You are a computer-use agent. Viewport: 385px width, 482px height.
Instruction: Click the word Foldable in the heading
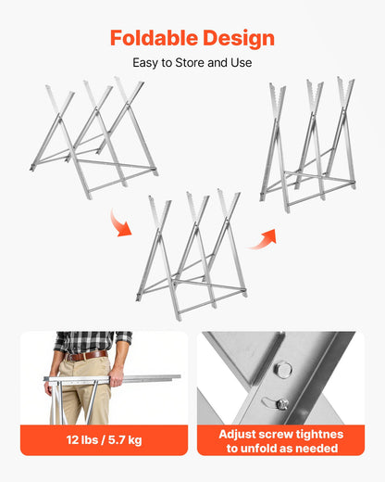pyautogui.click(x=152, y=38)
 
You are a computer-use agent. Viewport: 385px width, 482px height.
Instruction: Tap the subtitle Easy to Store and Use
pyautogui.click(x=192, y=63)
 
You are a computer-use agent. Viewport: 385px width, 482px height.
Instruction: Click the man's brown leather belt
pyautogui.click(x=86, y=355)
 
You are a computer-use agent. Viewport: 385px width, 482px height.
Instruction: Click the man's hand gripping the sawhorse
pyautogui.click(x=117, y=377)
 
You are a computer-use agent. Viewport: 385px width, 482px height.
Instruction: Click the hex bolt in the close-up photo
pyautogui.click(x=284, y=370)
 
